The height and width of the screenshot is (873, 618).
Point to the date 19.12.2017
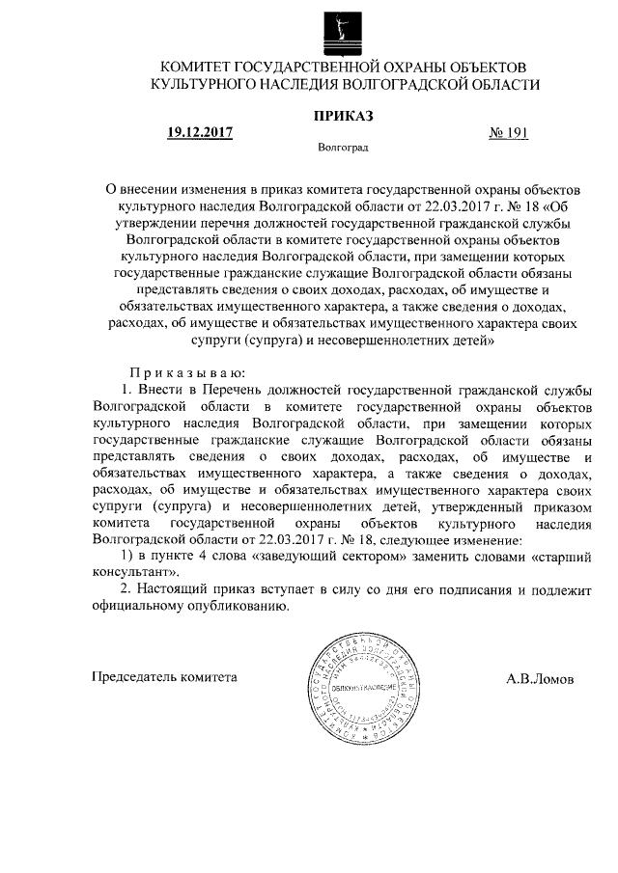200,133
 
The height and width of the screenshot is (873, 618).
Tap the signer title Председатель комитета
163,677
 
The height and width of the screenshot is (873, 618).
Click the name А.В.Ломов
539,678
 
